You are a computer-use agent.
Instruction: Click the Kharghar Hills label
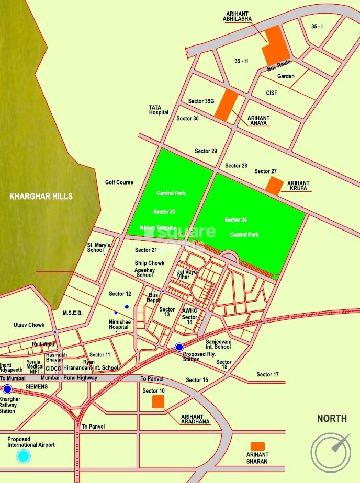click(x=41, y=197)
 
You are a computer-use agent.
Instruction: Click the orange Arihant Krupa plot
click(x=274, y=186)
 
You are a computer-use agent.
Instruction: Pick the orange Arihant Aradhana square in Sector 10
click(x=157, y=401)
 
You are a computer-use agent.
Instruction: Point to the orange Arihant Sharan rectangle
click(x=257, y=446)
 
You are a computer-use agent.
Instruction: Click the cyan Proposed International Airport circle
click(x=24, y=456)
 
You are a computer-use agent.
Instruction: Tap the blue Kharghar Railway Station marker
click(x=7, y=389)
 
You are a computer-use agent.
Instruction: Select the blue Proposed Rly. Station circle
click(x=179, y=347)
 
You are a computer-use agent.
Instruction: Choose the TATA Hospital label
click(x=159, y=110)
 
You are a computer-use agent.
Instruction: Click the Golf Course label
click(x=119, y=182)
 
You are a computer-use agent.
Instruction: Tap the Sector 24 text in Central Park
click(x=236, y=220)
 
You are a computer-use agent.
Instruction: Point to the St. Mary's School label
click(x=98, y=247)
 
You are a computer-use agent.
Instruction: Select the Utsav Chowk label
click(x=29, y=325)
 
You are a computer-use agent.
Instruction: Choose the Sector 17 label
click(x=267, y=374)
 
